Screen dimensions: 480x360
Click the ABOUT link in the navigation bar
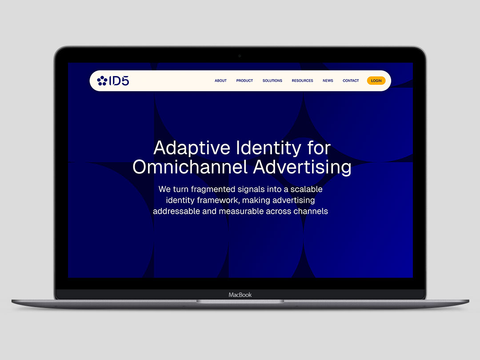(x=220, y=80)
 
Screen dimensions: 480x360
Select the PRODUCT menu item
(x=244, y=80)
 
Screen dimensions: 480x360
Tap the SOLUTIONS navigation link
(x=272, y=80)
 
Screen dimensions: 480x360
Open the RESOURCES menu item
(x=302, y=80)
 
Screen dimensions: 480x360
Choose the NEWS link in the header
(x=328, y=80)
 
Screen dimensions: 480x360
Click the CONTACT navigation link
(x=351, y=80)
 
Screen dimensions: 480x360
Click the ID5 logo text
(x=119, y=81)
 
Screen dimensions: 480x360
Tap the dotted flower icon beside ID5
(x=102, y=81)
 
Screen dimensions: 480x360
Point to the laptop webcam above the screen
(x=240, y=56)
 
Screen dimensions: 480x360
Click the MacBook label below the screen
(x=240, y=295)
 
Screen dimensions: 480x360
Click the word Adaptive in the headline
(x=192, y=148)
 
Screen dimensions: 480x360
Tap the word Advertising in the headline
(x=302, y=168)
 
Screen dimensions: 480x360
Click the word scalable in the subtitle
(x=306, y=189)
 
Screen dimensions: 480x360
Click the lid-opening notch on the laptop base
(x=240, y=301)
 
